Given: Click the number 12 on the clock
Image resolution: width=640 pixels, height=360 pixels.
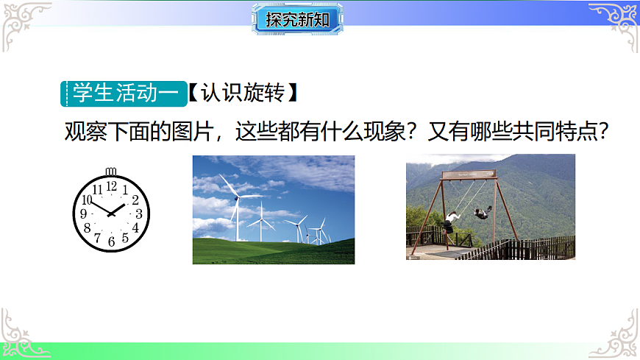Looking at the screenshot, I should click(111, 186).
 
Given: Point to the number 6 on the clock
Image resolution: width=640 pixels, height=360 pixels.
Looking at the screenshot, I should click(111, 241).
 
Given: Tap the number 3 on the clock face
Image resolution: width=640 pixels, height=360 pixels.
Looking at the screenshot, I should click(138, 213).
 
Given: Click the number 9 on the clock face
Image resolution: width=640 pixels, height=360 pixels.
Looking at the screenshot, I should click(84, 213).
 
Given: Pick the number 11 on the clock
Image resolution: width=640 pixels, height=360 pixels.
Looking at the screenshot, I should click(97, 190).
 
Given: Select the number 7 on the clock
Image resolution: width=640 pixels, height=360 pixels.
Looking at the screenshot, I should click(97, 237).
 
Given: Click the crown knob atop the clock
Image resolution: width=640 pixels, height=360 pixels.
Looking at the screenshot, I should click(111, 173).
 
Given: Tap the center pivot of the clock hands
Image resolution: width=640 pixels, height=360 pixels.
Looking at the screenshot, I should click(111, 213).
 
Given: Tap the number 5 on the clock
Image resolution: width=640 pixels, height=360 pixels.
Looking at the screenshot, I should click(125, 237).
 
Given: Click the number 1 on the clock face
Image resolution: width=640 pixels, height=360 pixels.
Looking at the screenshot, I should click(125, 190).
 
